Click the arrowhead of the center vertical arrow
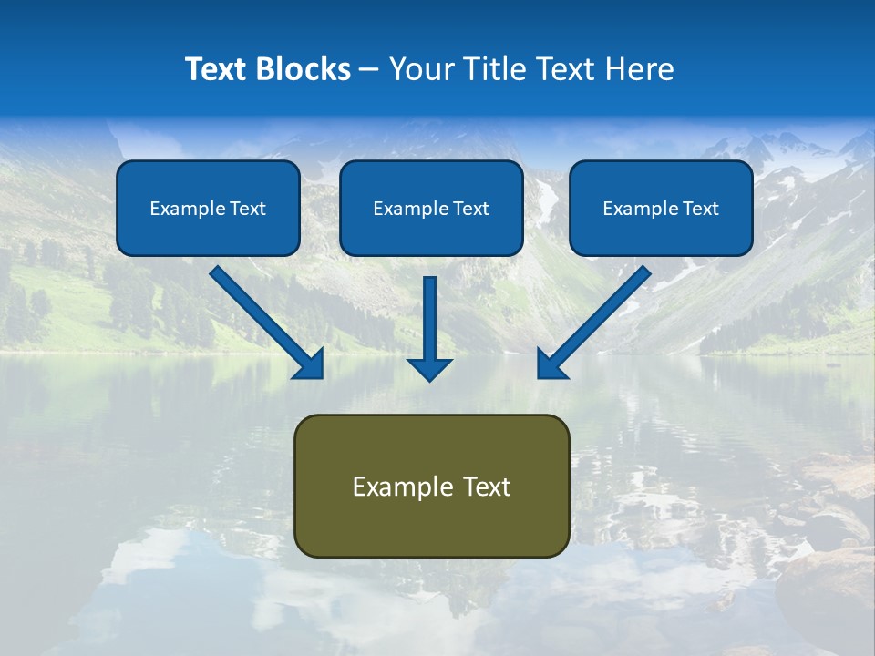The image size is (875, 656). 429,369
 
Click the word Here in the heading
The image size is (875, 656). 642,69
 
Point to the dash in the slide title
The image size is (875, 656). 369,69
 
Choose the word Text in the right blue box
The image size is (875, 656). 701,209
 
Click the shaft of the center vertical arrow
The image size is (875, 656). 429,314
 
